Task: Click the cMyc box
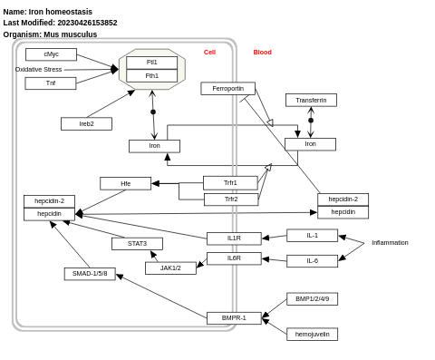pyautogui.click(x=51, y=54)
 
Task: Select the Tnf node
pyautogui.click(x=51, y=83)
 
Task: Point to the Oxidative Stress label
pyautogui.click(x=39, y=69)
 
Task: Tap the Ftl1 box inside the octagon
pyautogui.click(x=151, y=63)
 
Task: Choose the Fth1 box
pyautogui.click(x=151, y=76)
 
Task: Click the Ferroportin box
pyautogui.click(x=227, y=89)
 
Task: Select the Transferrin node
pyautogui.click(x=311, y=100)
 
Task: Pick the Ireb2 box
pyautogui.click(x=86, y=123)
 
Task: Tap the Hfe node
pyautogui.click(x=125, y=183)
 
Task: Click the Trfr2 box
pyautogui.click(x=230, y=199)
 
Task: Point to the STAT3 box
pyautogui.click(x=137, y=243)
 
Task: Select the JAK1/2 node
pyautogui.click(x=170, y=268)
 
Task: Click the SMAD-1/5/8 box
pyautogui.click(x=90, y=273)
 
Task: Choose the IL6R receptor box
pyautogui.click(x=234, y=258)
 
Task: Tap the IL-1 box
pyautogui.click(x=312, y=235)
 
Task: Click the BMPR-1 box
pyautogui.click(x=234, y=317)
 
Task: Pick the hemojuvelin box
pyautogui.click(x=312, y=334)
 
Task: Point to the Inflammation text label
pyautogui.click(x=390, y=243)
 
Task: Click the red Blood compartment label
pyautogui.click(x=262, y=53)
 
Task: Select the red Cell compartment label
pyautogui.click(x=209, y=53)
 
